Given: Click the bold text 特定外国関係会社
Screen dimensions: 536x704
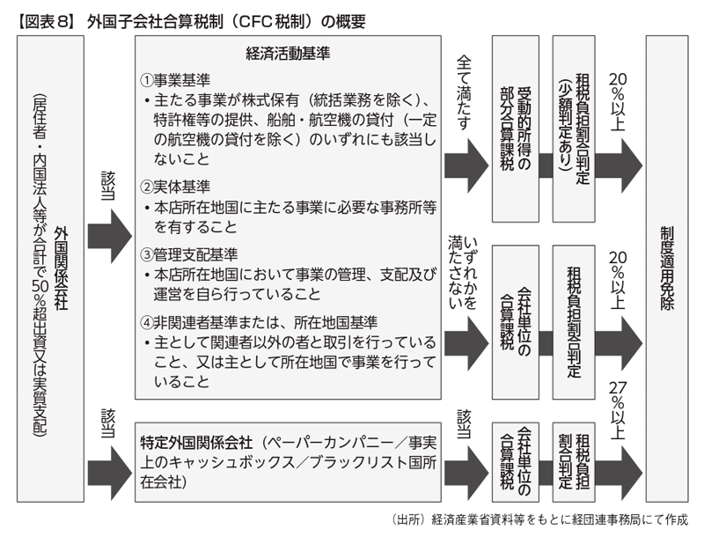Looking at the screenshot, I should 193,440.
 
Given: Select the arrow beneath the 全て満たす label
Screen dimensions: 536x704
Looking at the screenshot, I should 466,160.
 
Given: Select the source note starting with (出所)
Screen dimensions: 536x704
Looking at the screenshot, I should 537,518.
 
